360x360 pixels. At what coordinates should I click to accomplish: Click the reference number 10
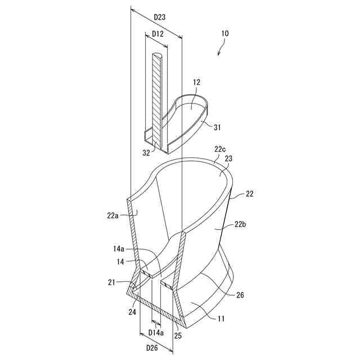(x=225, y=34)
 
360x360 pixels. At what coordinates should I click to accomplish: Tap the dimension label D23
(x=159, y=17)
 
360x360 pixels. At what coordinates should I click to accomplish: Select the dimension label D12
(x=158, y=34)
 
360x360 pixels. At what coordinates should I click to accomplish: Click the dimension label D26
(x=152, y=347)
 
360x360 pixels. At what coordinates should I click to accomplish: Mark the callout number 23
(x=229, y=159)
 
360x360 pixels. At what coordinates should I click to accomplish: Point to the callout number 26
(x=240, y=295)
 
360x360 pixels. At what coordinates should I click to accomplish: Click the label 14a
(x=119, y=248)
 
